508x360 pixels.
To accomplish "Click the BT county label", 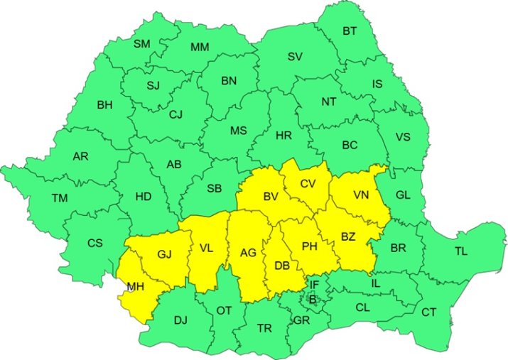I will point(350,31).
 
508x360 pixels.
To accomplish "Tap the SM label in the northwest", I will point(142,44).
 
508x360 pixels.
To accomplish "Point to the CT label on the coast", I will point(429,312).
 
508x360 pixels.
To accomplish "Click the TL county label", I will point(461,251).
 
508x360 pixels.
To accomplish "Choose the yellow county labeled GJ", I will point(165,254).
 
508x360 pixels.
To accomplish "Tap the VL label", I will point(206,249).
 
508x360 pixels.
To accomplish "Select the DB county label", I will point(281,266).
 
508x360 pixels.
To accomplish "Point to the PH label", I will point(309,246).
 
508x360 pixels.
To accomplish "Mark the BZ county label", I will point(348,236).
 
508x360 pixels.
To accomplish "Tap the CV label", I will point(307,184).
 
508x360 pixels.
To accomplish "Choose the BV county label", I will point(270,196).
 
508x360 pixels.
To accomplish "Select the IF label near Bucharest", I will point(313,285).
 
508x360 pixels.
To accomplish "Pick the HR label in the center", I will point(283,134).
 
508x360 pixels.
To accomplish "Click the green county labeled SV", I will point(295,57).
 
